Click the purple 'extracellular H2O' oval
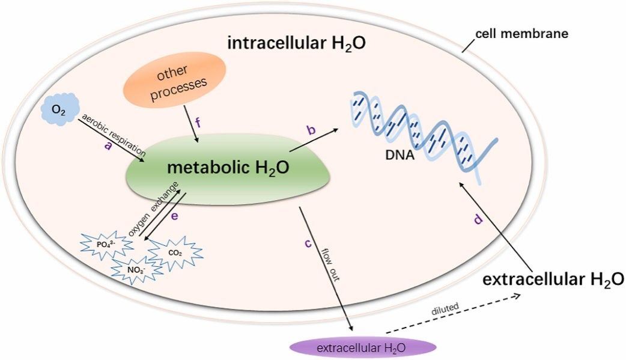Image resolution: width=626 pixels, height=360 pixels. (x=363, y=347)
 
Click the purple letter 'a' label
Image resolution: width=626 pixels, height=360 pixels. (x=108, y=145)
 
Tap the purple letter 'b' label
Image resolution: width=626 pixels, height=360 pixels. (x=311, y=131)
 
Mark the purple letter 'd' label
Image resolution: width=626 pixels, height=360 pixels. (x=478, y=219)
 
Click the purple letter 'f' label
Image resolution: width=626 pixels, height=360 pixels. (x=199, y=125)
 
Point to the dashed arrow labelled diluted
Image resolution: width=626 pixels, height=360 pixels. (x=456, y=317)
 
